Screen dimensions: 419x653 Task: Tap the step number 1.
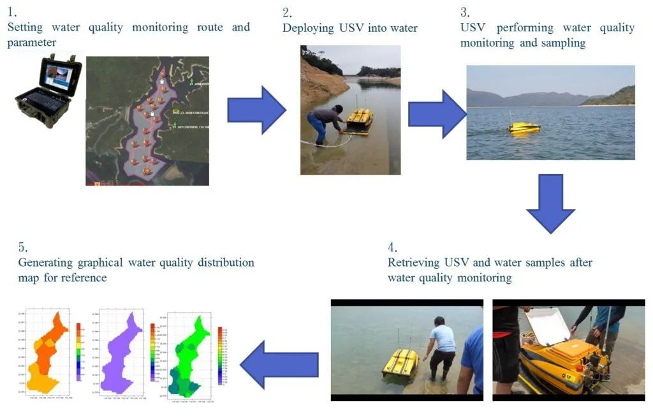click(11, 11)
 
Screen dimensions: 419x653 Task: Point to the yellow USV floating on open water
click(524, 127)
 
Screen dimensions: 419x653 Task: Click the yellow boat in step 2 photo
click(359, 121)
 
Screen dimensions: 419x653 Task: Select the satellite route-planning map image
click(147, 121)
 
